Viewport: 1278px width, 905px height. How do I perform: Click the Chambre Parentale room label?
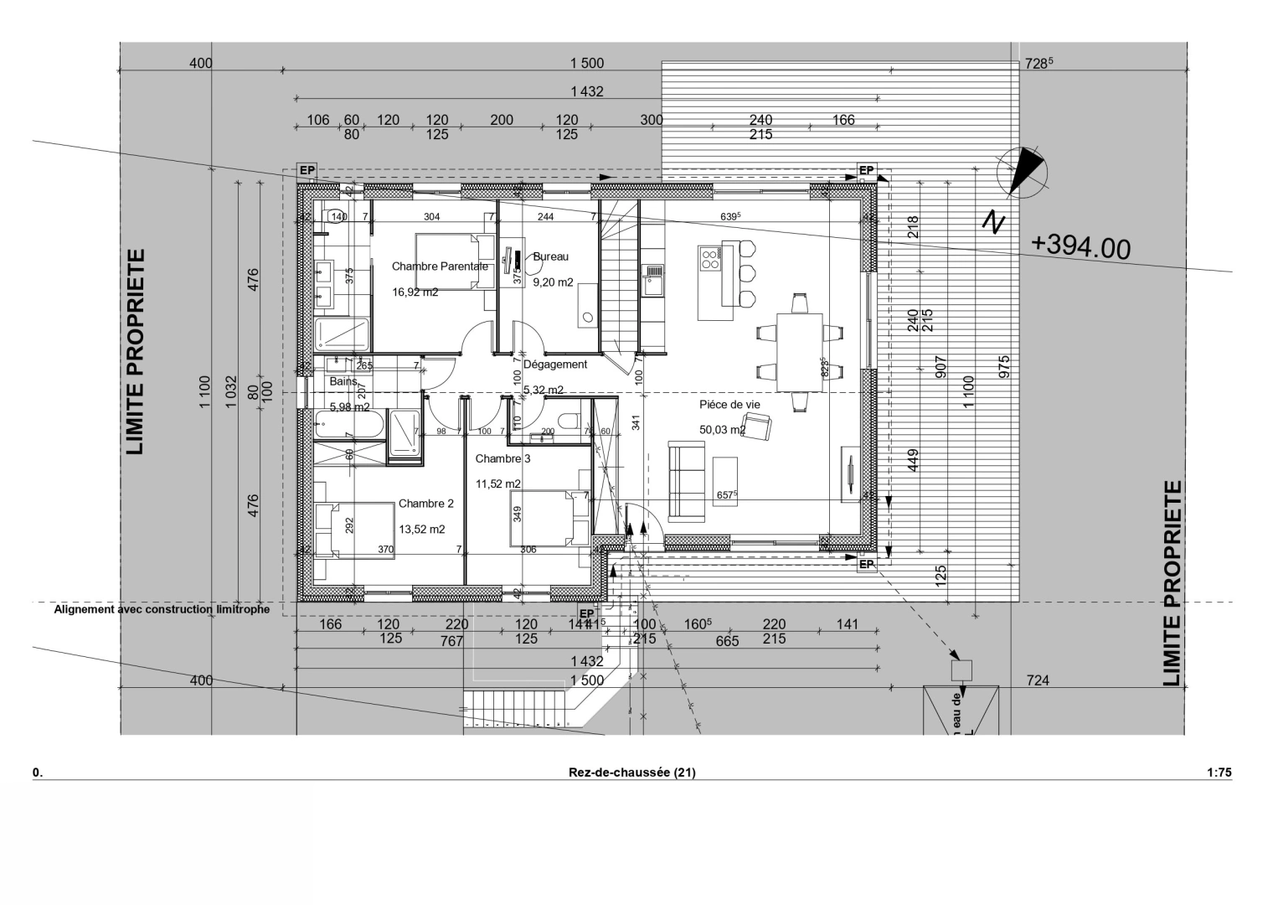click(x=440, y=266)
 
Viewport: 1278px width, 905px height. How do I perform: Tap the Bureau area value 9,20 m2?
click(x=553, y=283)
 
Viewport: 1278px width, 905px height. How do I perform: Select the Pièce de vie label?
click(x=729, y=405)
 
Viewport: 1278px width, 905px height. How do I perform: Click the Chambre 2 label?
click(x=425, y=504)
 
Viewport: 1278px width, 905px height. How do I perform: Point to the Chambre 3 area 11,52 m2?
click(x=497, y=484)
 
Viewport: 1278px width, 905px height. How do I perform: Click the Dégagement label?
click(x=554, y=365)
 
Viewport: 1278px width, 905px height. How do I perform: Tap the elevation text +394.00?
click(x=1080, y=246)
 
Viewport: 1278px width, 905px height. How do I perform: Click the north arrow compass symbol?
click(x=1022, y=173)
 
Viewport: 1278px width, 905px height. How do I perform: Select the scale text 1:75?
click(x=1219, y=773)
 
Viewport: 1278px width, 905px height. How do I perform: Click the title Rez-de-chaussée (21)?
click(x=631, y=773)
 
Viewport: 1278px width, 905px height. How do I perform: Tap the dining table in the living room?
click(x=799, y=351)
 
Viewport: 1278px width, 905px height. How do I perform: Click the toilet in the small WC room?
click(x=569, y=420)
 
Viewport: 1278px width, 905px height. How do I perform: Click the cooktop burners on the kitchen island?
click(x=709, y=258)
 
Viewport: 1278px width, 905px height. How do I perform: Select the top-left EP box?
click(x=307, y=171)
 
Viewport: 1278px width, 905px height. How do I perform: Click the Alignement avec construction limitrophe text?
click(x=162, y=610)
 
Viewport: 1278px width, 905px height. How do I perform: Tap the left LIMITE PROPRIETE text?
click(x=135, y=351)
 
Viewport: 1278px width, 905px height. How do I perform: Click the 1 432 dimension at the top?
click(x=586, y=92)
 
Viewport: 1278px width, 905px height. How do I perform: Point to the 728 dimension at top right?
click(x=1038, y=64)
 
